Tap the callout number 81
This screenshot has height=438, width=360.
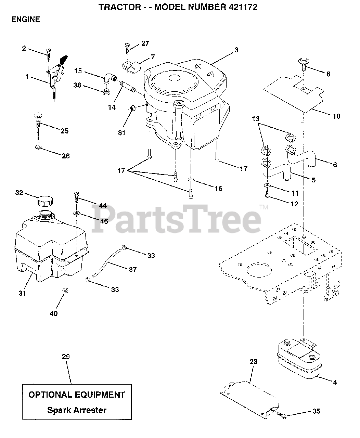tap(121, 133)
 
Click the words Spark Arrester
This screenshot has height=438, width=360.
tap(77, 410)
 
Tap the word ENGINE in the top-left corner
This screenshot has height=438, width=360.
tap(26, 20)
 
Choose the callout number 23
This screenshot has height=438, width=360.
tap(254, 362)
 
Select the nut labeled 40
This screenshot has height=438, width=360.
tap(64, 291)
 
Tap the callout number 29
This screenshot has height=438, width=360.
tap(66, 357)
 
